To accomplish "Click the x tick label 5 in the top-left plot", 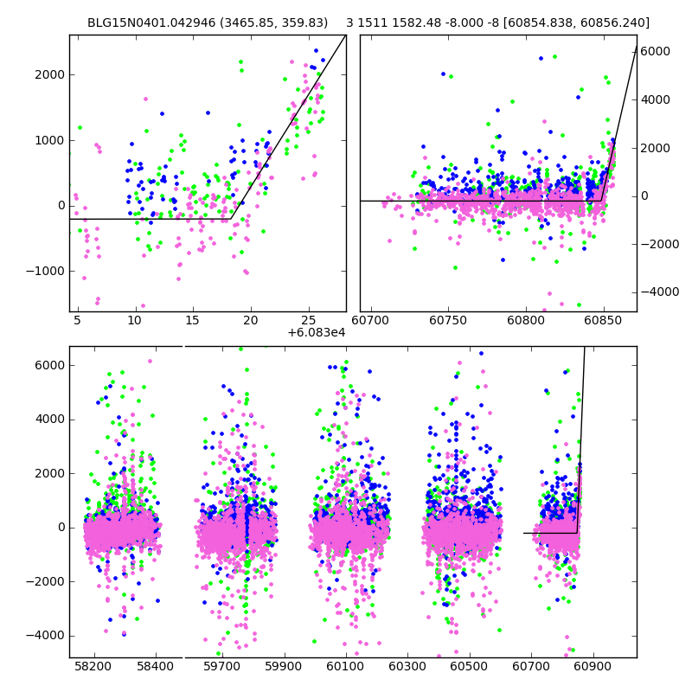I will (77, 321).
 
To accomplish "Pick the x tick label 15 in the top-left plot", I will (192, 321).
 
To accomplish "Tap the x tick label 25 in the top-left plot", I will (309, 321).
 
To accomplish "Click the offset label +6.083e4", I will (317, 332).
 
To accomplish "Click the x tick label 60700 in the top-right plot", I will (372, 321).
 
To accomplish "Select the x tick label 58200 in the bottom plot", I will (93, 667).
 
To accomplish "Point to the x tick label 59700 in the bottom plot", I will (219, 667).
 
